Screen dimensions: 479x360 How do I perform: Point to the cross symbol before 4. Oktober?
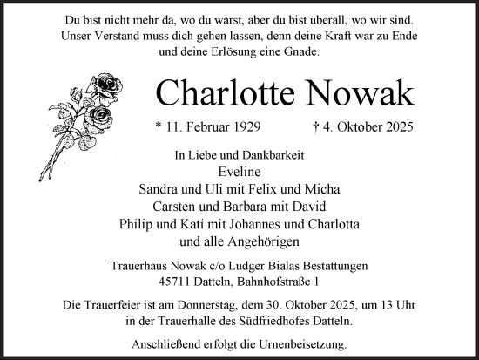tap(317, 127)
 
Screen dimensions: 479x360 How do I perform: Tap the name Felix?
tap(235, 189)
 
